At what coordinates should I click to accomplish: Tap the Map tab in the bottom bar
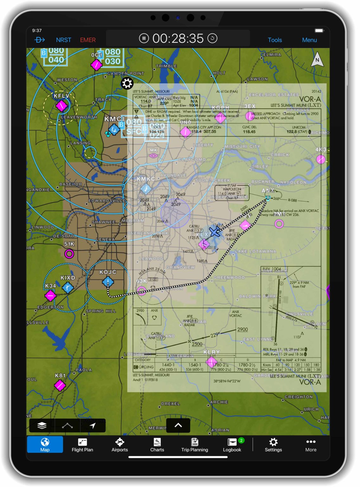click(45, 445)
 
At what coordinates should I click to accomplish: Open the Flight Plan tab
click(82, 445)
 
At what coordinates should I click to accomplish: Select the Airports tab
click(120, 445)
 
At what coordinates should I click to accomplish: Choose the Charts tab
click(157, 445)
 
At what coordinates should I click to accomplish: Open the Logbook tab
click(232, 445)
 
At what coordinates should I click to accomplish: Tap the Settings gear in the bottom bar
click(273, 445)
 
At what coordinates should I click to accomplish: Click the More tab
click(311, 445)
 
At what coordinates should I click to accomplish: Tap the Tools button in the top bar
click(275, 40)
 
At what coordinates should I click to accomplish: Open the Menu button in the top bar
click(309, 40)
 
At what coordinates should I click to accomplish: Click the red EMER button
click(88, 40)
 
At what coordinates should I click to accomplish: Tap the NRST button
click(63, 40)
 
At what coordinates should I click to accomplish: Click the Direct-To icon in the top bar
click(40, 40)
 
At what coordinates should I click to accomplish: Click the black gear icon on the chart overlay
click(127, 83)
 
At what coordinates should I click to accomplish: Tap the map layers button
click(42, 425)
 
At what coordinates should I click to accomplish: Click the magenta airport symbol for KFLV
click(61, 105)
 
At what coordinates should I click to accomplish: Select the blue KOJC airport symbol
click(108, 282)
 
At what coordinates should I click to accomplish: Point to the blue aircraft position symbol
click(215, 231)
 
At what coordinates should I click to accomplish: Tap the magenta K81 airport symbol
click(60, 386)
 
